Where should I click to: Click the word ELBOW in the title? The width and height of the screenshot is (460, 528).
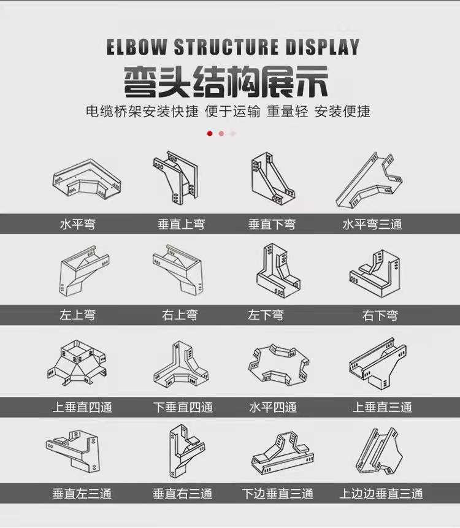[x=137, y=47]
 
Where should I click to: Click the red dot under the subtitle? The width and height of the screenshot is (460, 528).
[x=210, y=133]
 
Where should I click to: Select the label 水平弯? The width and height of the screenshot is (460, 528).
[x=78, y=224]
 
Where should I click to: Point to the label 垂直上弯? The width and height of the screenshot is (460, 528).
[x=181, y=224]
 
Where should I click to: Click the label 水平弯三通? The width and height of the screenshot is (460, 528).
[x=372, y=224]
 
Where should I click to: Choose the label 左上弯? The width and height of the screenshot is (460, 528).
[x=78, y=315]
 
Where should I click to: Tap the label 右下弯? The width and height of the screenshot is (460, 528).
[x=380, y=315]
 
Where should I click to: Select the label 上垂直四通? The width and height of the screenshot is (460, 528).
[x=82, y=407]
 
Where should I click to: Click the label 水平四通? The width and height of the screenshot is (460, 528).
[x=273, y=407]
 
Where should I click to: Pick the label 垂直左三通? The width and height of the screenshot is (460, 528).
[x=82, y=493]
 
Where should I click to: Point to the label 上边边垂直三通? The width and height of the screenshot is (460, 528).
[x=381, y=493]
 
